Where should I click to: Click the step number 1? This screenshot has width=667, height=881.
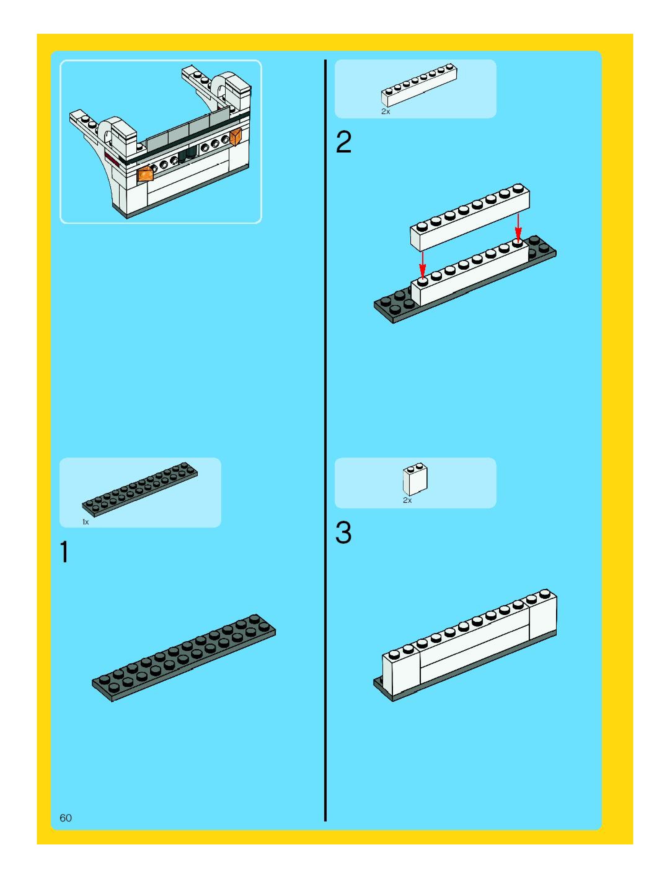click(64, 551)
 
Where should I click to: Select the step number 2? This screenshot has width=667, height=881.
click(344, 142)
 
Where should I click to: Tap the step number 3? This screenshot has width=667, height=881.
click(343, 533)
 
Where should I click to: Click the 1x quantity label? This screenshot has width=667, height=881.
click(85, 522)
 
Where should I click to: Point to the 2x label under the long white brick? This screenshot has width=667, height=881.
click(386, 112)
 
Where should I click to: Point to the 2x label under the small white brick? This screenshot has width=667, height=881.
click(407, 500)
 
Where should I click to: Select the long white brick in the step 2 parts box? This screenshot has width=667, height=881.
click(419, 86)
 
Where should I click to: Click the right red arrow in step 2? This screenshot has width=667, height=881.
click(518, 227)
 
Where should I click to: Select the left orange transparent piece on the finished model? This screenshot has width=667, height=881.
click(145, 174)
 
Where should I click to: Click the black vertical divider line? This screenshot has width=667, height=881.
click(325, 438)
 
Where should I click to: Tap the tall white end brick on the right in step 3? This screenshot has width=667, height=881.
click(542, 615)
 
